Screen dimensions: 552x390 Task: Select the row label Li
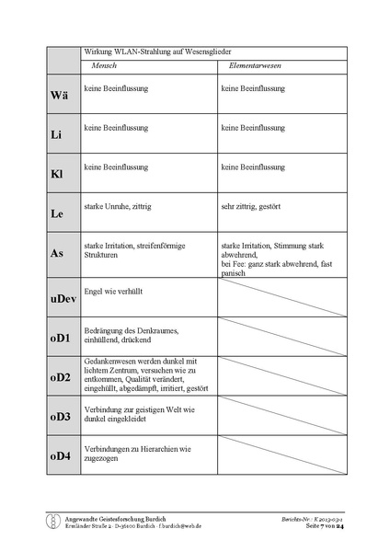56,134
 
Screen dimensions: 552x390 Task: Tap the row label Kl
56,174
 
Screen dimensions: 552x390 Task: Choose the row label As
56,254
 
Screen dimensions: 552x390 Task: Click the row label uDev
62,298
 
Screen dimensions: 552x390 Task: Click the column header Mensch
104,66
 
